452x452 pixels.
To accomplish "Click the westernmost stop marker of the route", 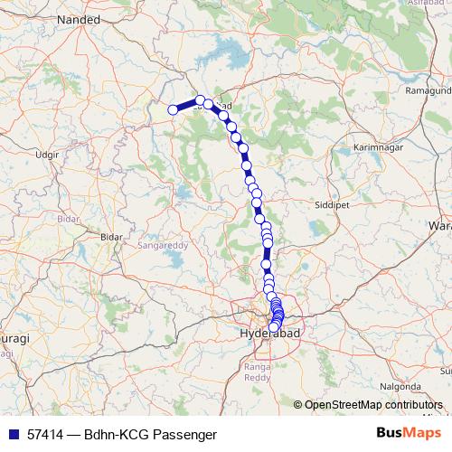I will click(173, 110).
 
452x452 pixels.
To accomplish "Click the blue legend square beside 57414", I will click(12, 434).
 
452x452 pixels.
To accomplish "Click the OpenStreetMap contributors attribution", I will click(374, 404).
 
